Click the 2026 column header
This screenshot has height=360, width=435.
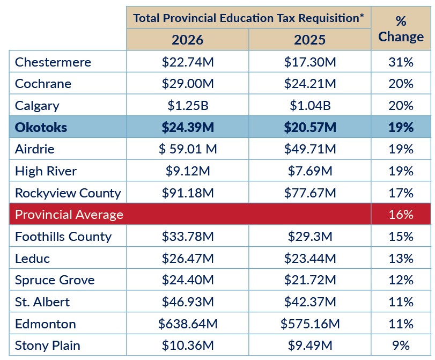[x=188, y=40]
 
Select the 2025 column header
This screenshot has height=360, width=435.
[x=310, y=40]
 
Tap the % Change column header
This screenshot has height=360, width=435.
[x=401, y=29]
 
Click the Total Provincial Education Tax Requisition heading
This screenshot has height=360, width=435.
[x=248, y=18]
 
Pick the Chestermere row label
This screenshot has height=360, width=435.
[x=53, y=62]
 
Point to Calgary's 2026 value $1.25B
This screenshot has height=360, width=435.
[x=188, y=106]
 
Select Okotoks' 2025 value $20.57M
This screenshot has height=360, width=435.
[x=310, y=128]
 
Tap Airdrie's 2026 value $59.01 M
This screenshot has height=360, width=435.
[x=188, y=149]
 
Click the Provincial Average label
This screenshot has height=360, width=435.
[x=69, y=215]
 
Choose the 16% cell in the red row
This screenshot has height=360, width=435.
[x=401, y=215]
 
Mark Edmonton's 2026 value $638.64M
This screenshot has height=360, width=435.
[x=188, y=324]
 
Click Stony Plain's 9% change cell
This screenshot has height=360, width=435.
[x=401, y=346]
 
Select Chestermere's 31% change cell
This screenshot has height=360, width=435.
[x=401, y=62]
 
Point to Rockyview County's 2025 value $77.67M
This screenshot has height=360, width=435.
[x=310, y=193]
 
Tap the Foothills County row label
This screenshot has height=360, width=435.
[x=63, y=237]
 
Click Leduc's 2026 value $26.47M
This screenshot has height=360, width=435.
[x=188, y=259]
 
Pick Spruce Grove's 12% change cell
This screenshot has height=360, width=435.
[x=401, y=280]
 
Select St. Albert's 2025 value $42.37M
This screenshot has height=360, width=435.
[x=310, y=302]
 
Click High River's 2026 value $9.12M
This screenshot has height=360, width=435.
[x=188, y=171]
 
